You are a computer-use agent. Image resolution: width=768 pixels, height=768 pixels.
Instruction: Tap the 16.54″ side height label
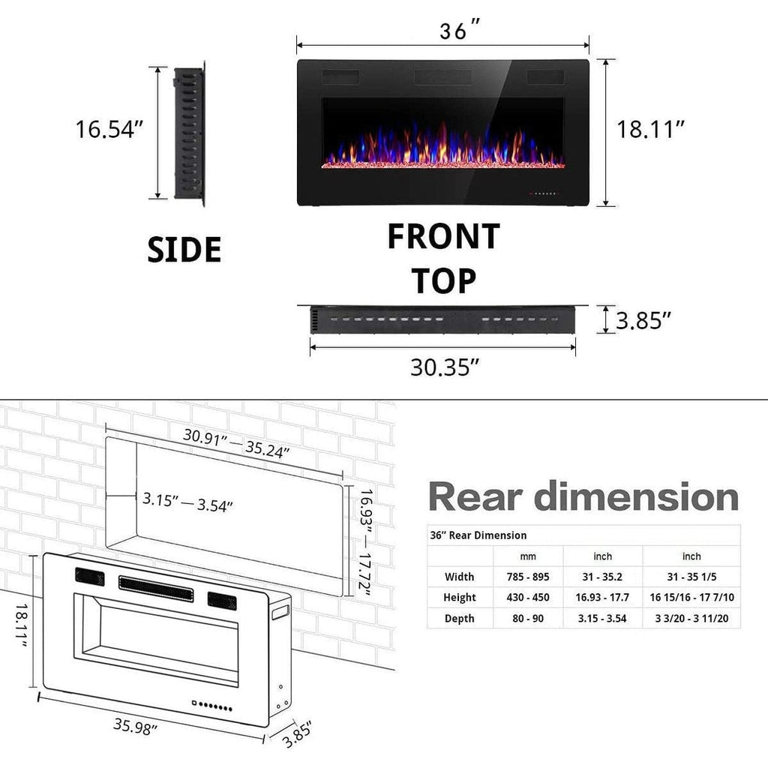click(x=109, y=129)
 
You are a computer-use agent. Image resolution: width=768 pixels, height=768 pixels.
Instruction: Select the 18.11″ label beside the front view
click(x=651, y=129)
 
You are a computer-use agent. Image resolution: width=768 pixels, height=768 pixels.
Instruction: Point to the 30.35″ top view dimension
click(x=444, y=367)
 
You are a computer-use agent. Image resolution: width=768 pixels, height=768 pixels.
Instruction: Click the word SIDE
click(x=184, y=249)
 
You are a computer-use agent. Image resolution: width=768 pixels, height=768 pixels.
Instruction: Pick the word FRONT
click(x=443, y=236)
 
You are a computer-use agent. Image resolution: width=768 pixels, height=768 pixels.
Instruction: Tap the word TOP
click(x=443, y=281)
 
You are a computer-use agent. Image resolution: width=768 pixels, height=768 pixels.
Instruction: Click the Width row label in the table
click(x=459, y=577)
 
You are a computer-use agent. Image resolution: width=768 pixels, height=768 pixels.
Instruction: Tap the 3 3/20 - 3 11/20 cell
click(x=691, y=619)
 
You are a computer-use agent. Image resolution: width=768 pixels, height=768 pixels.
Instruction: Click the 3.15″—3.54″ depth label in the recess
click(x=187, y=502)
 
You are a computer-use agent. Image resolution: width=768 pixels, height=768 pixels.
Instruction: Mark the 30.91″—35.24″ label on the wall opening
click(x=236, y=443)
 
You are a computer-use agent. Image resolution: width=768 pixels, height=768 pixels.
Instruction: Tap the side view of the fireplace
click(x=189, y=133)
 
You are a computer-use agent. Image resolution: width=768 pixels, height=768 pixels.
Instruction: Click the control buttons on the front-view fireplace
click(x=545, y=193)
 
